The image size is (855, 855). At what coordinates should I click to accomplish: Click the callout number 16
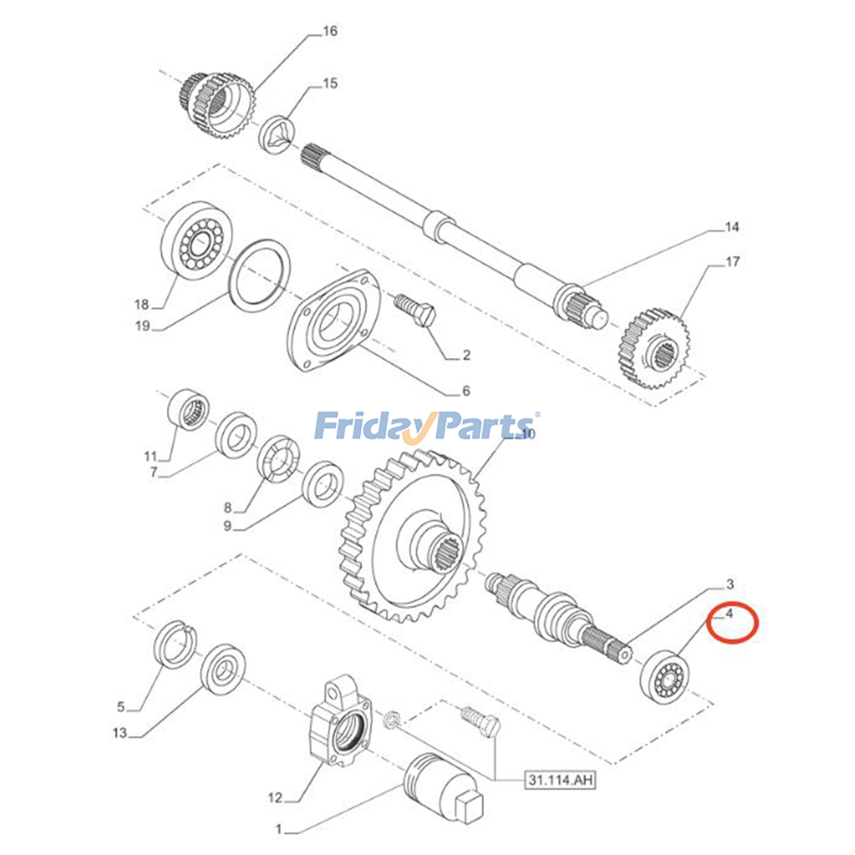(330, 32)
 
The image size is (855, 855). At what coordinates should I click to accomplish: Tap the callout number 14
(731, 227)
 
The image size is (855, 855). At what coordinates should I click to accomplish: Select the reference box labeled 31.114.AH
(560, 780)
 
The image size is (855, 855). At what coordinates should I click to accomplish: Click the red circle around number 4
(733, 623)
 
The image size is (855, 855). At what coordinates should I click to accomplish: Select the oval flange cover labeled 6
(334, 320)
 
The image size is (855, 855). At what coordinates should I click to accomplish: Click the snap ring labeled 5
(175, 644)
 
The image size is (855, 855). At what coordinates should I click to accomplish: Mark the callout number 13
(120, 733)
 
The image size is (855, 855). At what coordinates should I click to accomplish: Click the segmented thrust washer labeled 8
(278, 458)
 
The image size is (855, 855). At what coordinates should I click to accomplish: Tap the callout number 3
(730, 584)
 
